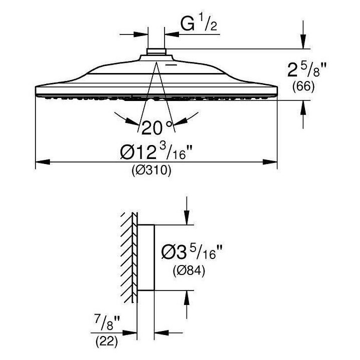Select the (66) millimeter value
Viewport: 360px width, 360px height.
[x=303, y=86]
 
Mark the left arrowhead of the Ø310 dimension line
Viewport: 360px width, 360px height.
[x=40, y=162]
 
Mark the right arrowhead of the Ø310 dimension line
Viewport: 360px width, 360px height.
[x=272, y=162]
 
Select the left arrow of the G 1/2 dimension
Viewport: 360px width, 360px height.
[x=143, y=34]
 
